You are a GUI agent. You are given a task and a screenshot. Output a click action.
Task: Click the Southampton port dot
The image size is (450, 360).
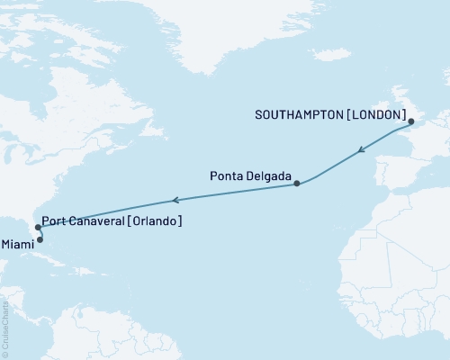coord(409,121)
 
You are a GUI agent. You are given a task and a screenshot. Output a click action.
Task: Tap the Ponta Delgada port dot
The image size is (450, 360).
coord(296,184)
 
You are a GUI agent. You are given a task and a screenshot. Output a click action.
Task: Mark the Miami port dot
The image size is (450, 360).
coord(40,239)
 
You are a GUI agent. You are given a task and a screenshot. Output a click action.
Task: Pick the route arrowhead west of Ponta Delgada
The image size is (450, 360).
coord(177,200)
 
